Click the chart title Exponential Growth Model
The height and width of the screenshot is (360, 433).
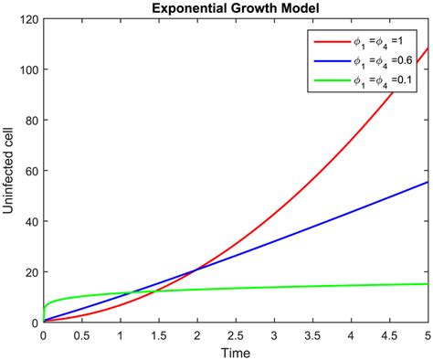coord(235,8)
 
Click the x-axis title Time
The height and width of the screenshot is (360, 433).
coord(235,352)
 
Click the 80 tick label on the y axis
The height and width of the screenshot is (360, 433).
coord(31,121)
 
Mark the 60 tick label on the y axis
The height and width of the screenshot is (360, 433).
coord(31,171)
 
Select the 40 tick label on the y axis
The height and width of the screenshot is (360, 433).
coord(31,222)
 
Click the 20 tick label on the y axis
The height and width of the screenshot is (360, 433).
coord(31,272)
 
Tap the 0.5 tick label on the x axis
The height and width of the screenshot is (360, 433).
coord(81,334)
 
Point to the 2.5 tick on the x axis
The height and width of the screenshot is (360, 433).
coord(235,334)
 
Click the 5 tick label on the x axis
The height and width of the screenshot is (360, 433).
coord(428,334)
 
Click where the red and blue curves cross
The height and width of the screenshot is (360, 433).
coord(195,270)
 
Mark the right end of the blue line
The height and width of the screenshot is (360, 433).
coord(428,182)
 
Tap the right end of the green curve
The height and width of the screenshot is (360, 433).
coord(428,284)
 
